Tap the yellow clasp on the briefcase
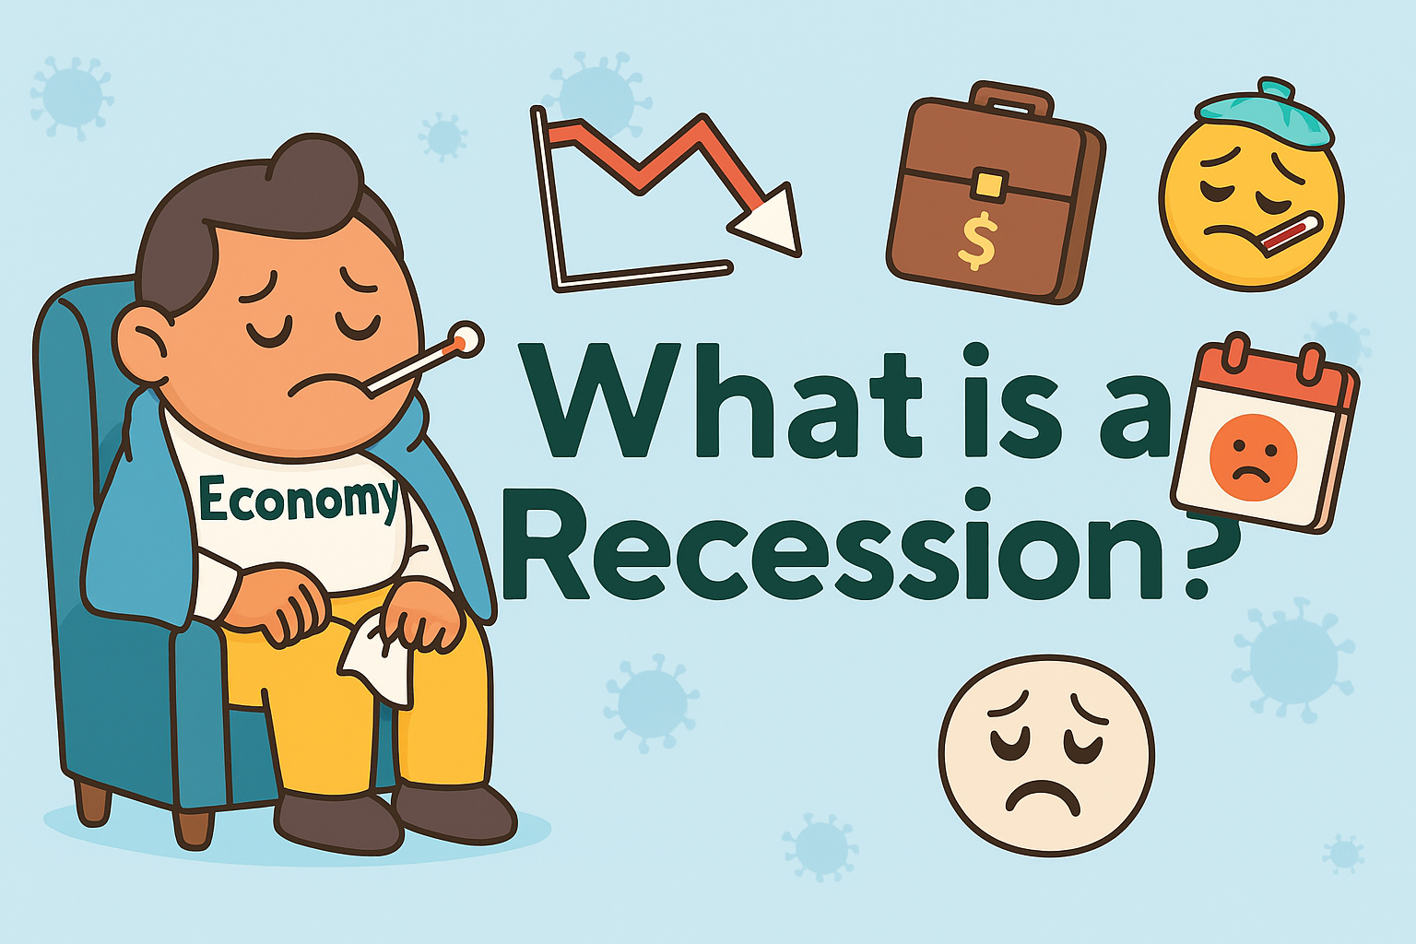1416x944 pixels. (987, 184)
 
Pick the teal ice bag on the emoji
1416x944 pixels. (1265, 115)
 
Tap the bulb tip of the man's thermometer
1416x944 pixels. (466, 340)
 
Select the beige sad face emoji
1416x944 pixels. (1046, 756)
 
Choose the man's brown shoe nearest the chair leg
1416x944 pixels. (336, 820)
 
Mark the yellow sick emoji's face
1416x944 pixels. (1250, 207)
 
